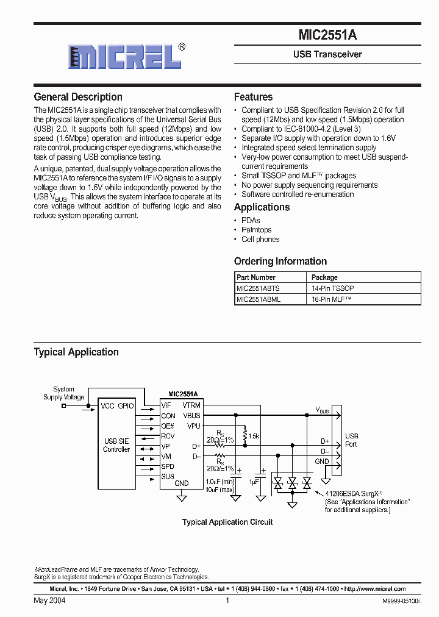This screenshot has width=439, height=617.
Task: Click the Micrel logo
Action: click(124, 57)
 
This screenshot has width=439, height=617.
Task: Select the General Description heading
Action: click(78, 97)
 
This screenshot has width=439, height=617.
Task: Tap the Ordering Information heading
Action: click(280, 261)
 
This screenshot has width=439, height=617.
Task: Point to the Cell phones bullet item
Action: click(260, 240)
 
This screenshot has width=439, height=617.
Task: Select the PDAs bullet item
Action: click(251, 221)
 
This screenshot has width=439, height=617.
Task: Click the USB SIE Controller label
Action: click(116, 445)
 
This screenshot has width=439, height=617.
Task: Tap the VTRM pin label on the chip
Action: click(191, 405)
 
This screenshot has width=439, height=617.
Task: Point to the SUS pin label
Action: click(168, 476)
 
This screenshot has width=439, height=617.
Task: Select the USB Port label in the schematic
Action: click(352, 440)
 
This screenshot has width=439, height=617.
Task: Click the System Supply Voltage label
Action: click(63, 393)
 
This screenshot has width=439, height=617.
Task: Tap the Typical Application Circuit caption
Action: click(227, 522)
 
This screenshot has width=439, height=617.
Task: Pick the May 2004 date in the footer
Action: click(49, 601)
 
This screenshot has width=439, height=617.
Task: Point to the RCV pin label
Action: click(168, 436)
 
